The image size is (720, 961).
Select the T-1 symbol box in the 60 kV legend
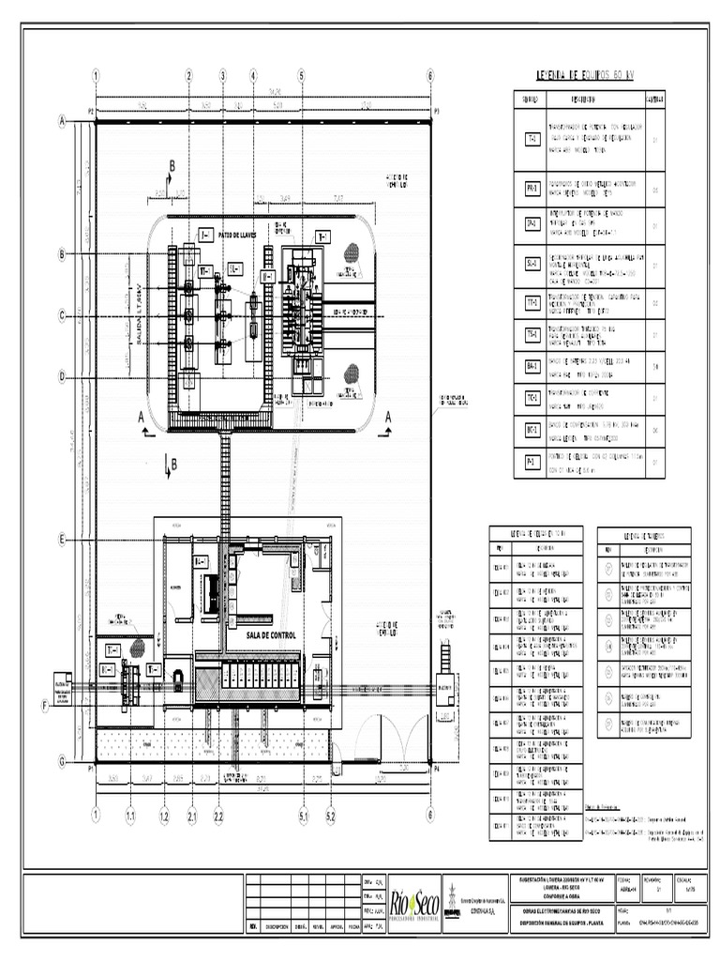coord(532,139)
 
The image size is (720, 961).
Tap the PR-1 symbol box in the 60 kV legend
coord(532,189)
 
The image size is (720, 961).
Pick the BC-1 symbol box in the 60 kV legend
coord(532,431)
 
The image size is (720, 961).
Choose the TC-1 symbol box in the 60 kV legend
coord(532,399)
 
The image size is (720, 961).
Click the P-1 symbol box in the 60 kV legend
coord(532,462)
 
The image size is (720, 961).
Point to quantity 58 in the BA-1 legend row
coord(654,367)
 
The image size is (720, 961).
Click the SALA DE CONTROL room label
coord(271,635)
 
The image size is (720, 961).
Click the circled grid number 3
coord(223,75)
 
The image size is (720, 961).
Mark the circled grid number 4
coord(253,75)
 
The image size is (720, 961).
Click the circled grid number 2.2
coord(218,817)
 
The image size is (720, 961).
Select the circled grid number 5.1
coord(303,817)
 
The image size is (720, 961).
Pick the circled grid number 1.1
coord(130,817)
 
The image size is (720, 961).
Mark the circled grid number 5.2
coord(331,817)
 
